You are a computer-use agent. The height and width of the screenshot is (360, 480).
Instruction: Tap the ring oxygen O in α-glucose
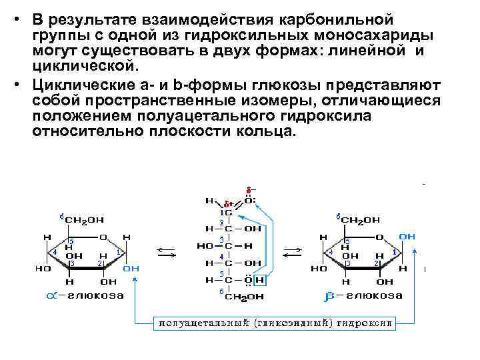103,237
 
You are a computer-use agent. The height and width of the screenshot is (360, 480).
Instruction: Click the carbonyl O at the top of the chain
248,199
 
